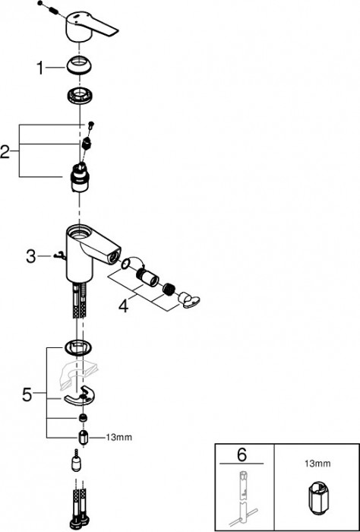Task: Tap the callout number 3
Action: pos(31,256)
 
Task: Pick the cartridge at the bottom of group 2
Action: pos(79,176)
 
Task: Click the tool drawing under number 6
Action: pos(242,498)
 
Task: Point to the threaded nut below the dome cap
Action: pos(80,98)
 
